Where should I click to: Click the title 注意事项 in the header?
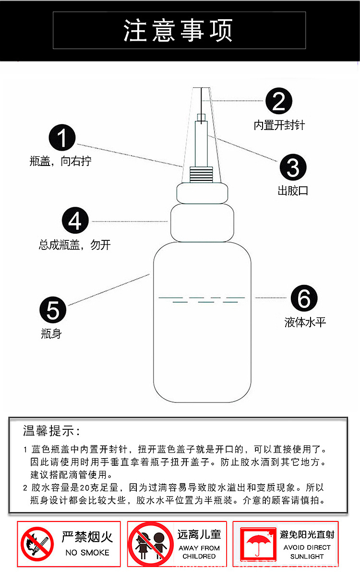pos(179,30)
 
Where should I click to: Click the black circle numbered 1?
pos(62,138)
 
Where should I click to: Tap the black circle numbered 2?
pos(279,101)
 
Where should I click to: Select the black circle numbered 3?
pos(293,167)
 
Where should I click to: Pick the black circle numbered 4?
pos(75,221)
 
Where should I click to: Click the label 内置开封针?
pos(279,126)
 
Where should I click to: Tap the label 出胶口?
pos(293,191)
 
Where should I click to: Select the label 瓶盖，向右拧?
pos(60,162)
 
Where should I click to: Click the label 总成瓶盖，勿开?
pos(75,245)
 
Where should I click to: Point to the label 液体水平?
pos(305,322)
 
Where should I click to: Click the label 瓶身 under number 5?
pos(51,334)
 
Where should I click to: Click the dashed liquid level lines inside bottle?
pos(202,300)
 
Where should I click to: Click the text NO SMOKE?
pos(87,553)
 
